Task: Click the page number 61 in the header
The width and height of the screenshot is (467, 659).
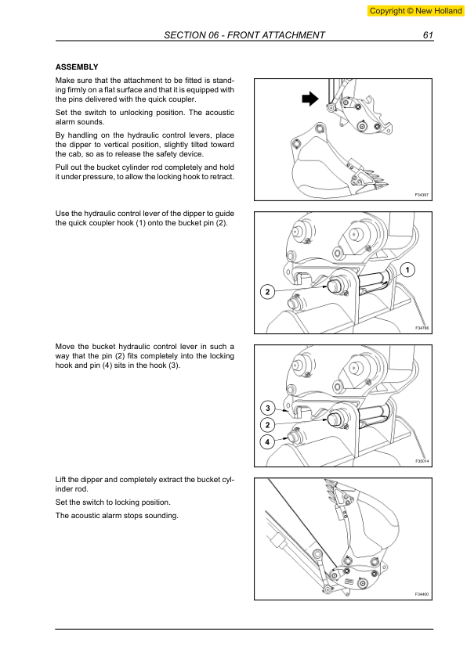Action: coord(428,35)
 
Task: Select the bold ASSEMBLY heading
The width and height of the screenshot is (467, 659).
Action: coord(76,67)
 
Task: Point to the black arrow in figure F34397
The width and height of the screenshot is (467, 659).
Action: coord(310,99)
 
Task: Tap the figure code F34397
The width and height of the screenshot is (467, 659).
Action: coord(422,195)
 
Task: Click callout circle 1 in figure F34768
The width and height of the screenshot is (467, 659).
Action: coord(408,270)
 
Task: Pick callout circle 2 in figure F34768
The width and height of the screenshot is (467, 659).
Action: coord(266,292)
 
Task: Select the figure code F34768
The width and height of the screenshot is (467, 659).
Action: coord(422,329)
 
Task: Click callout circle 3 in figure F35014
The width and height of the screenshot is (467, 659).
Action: coord(266,408)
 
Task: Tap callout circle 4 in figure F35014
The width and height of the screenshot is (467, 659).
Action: coord(266,441)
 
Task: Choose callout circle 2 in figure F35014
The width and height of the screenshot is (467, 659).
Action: coord(266,424)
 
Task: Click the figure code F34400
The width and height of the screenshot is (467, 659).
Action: coord(422,595)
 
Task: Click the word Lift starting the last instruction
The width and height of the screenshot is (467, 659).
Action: coord(61,478)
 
